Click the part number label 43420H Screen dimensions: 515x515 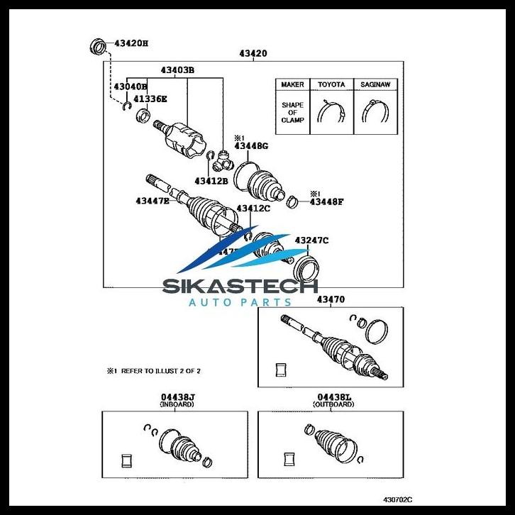(131, 43)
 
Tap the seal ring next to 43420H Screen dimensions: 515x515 (99, 46)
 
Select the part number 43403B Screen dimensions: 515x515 (177, 70)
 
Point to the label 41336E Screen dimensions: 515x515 (151, 99)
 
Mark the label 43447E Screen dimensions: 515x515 (153, 201)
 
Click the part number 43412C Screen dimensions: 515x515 (253, 209)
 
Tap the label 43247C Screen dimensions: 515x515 (312, 240)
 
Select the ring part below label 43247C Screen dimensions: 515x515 (306, 269)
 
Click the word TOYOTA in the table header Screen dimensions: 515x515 (331, 84)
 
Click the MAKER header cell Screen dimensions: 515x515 (292, 84)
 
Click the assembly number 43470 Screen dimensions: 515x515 (331, 300)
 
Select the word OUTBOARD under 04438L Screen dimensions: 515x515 (333, 404)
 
